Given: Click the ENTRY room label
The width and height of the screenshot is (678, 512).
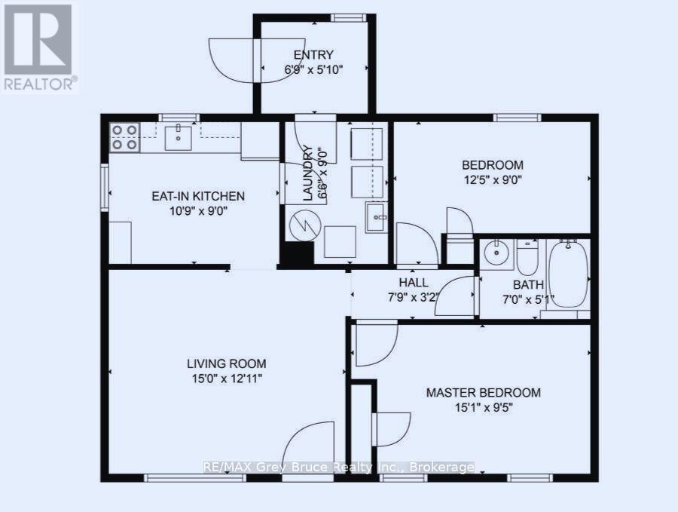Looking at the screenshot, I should (313, 54).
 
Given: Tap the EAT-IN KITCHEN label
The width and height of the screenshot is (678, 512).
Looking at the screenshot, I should (198, 196).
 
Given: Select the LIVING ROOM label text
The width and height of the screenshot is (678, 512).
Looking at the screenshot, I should (227, 363).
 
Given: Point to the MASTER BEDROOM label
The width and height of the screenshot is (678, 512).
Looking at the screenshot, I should (483, 393).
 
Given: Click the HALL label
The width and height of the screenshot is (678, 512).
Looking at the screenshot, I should (414, 283).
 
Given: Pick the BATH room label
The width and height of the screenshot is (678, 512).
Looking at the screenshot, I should (528, 285).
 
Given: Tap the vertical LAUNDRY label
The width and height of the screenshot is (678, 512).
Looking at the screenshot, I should (307, 173).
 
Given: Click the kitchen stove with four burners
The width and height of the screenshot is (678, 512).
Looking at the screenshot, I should (125, 137).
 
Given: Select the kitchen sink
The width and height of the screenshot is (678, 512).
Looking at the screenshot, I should (179, 138).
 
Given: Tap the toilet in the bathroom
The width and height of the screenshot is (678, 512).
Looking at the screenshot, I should (527, 256).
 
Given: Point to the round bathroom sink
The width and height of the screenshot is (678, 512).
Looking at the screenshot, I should (495, 254).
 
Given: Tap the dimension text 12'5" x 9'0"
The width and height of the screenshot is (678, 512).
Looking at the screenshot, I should (492, 179).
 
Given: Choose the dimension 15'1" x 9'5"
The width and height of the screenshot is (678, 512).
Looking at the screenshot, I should (483, 407).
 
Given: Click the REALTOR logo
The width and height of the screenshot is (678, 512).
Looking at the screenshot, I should (39, 48).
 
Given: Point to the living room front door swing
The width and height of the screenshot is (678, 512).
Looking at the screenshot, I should (310, 450).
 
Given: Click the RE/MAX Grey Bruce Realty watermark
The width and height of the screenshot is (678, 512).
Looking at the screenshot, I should (338, 468).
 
